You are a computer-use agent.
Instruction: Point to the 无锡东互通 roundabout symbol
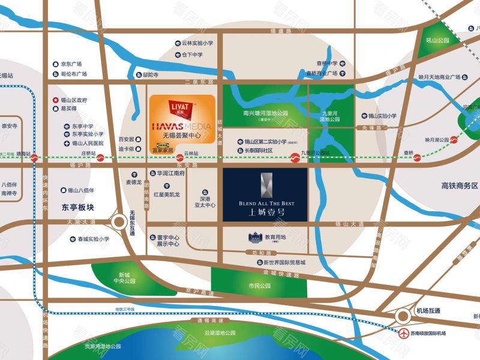pos(118,224)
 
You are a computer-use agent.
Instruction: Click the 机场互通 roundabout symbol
pos(403,316)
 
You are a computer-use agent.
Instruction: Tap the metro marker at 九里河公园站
pos(295,158)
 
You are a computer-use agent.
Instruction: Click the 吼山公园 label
pos(438,41)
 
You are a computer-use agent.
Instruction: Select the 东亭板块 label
pos(79,209)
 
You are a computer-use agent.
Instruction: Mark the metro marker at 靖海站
pos(35,158)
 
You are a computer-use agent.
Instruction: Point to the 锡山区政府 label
pos(74,100)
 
